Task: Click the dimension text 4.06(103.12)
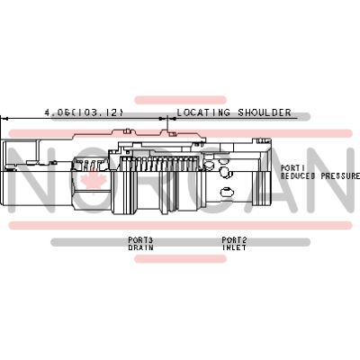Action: (84, 112)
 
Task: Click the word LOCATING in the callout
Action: (203, 112)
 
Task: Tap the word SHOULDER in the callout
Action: (265, 112)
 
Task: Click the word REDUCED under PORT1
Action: (298, 175)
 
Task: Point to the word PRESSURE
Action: (340, 175)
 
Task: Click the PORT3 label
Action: (140, 240)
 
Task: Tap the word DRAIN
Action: (140, 247)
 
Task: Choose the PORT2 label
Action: (234, 240)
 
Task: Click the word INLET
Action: (234, 247)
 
